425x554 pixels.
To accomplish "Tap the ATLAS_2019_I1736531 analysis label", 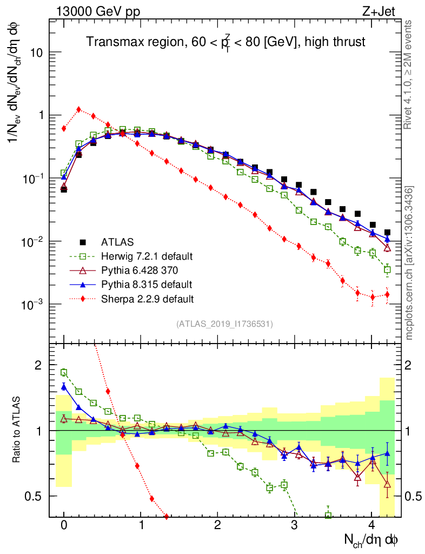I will click(224, 324).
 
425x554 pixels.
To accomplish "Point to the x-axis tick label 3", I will click(294, 525).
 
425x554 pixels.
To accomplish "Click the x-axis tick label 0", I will click(64, 525).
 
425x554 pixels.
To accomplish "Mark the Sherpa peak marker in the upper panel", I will click(79, 109).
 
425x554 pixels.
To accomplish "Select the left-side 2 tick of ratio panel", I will click(38, 365).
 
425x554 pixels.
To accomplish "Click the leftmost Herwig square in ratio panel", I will click(64, 372).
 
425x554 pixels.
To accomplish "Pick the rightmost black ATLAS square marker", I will click(387, 232).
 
